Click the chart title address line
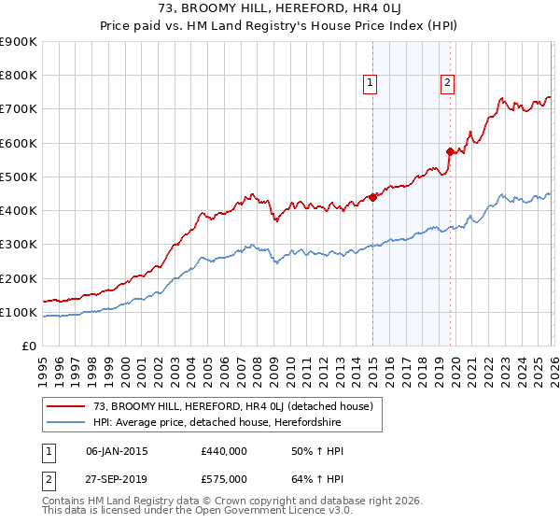(280, 8)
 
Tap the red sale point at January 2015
(372, 197)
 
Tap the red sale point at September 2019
(450, 151)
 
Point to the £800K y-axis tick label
(19, 76)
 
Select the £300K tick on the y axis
(19, 245)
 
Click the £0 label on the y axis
(30, 346)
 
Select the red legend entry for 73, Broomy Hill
(233, 406)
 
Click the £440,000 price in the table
(224, 451)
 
